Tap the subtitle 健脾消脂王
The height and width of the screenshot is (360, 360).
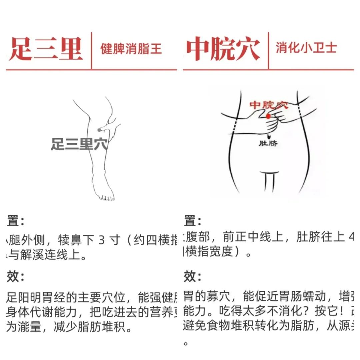(x=131, y=49)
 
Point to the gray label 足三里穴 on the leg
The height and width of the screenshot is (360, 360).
(x=79, y=144)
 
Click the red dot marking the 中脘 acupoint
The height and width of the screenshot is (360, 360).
(x=268, y=116)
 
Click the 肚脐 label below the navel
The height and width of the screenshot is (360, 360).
(x=268, y=144)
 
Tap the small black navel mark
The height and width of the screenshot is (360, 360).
(x=268, y=137)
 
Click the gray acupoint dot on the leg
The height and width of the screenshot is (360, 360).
(x=99, y=130)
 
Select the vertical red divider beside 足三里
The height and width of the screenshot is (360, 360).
(x=91, y=50)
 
